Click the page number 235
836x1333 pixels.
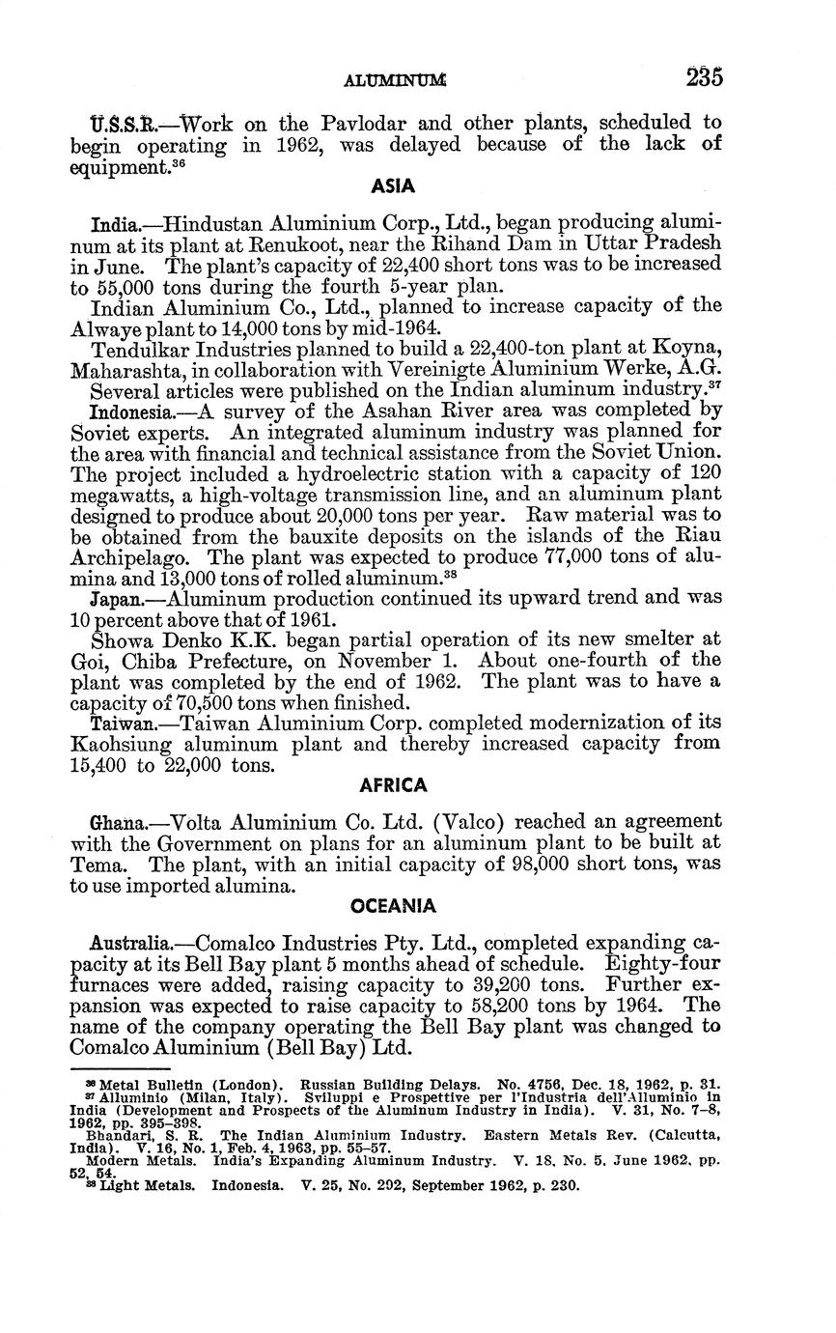tap(705, 78)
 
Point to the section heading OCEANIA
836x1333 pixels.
tap(393, 907)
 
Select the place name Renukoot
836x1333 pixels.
tap(316, 242)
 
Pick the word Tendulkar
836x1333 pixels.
tap(135, 349)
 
